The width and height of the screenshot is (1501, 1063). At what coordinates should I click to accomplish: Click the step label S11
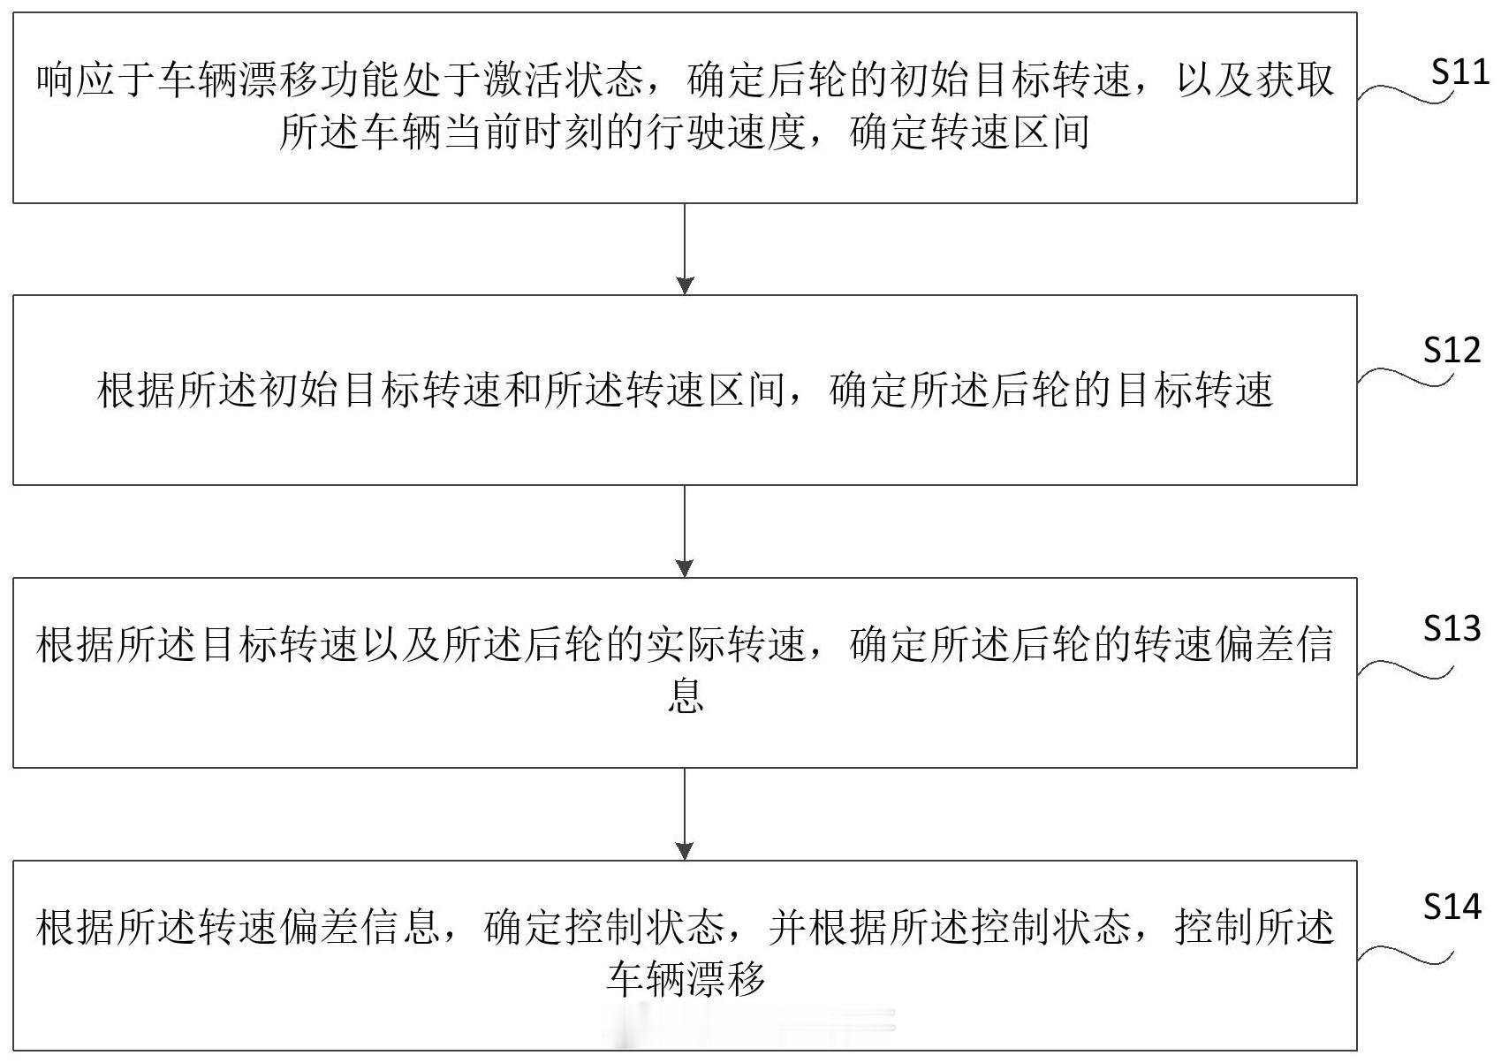click(x=1459, y=72)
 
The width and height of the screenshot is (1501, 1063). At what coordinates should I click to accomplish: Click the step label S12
click(x=1452, y=351)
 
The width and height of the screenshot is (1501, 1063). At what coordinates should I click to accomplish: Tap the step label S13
click(x=1452, y=628)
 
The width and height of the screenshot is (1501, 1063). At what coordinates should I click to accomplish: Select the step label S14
click(x=1452, y=907)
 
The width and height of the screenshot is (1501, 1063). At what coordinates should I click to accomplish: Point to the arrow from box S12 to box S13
click(x=685, y=531)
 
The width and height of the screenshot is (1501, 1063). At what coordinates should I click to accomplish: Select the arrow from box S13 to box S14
click(x=685, y=814)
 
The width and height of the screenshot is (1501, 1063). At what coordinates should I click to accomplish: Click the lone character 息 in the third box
click(x=685, y=696)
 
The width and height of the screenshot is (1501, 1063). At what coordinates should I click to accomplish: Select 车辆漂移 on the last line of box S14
click(x=685, y=979)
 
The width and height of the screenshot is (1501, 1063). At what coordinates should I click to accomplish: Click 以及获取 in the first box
click(x=1255, y=80)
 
